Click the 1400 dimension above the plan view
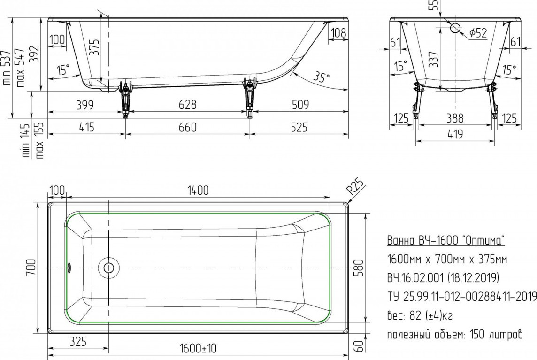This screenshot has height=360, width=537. click(198, 190)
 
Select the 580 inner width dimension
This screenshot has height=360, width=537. click(358, 268)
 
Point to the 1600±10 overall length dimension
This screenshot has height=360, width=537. click(198, 348)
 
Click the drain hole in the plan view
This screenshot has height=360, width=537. click(108, 268)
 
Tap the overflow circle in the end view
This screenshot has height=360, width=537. click(455, 28)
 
